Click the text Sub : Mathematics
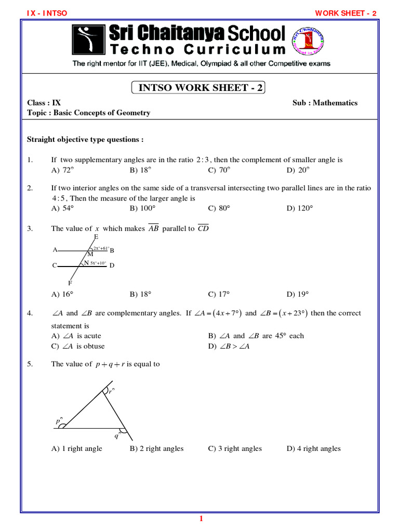(325, 103)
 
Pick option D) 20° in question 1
(298, 170)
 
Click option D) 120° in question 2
(300, 208)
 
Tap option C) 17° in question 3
(219, 294)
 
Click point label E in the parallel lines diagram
(96, 237)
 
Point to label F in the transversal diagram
(70, 284)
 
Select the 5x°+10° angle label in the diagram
(98, 263)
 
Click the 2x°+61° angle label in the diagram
(101, 249)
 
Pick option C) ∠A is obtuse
(78, 346)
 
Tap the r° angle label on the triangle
(111, 392)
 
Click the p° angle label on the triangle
(59, 422)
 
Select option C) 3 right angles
(235, 448)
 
